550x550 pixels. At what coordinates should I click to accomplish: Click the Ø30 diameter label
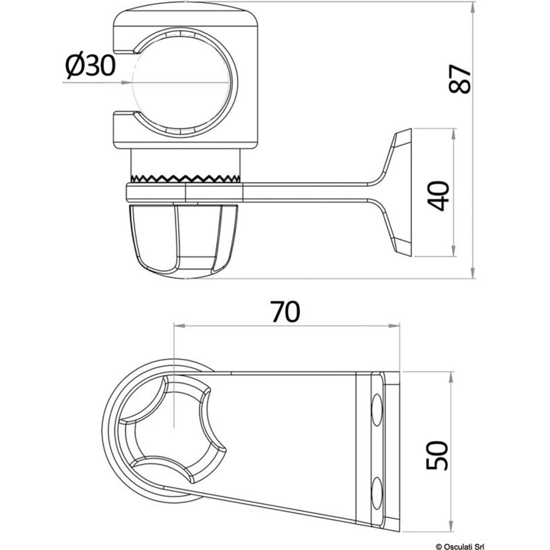(90, 67)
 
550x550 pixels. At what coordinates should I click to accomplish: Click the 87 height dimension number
(460, 80)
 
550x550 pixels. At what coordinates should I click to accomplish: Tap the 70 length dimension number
(285, 311)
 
